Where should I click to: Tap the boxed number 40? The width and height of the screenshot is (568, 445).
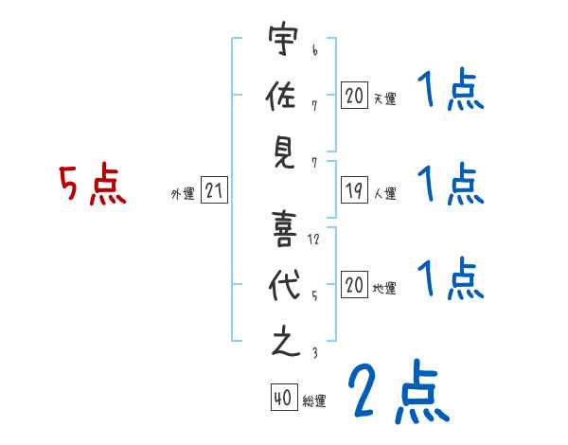[x=283, y=400]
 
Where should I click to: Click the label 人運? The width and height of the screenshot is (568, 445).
[x=384, y=193]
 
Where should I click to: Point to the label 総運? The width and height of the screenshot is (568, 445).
[x=314, y=401]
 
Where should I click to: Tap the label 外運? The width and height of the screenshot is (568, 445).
[x=182, y=193]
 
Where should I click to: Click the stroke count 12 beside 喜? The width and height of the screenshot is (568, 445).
[x=314, y=239]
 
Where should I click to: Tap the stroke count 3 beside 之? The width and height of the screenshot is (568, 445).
[x=314, y=353]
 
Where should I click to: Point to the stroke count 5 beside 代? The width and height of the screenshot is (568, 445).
[x=314, y=294]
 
